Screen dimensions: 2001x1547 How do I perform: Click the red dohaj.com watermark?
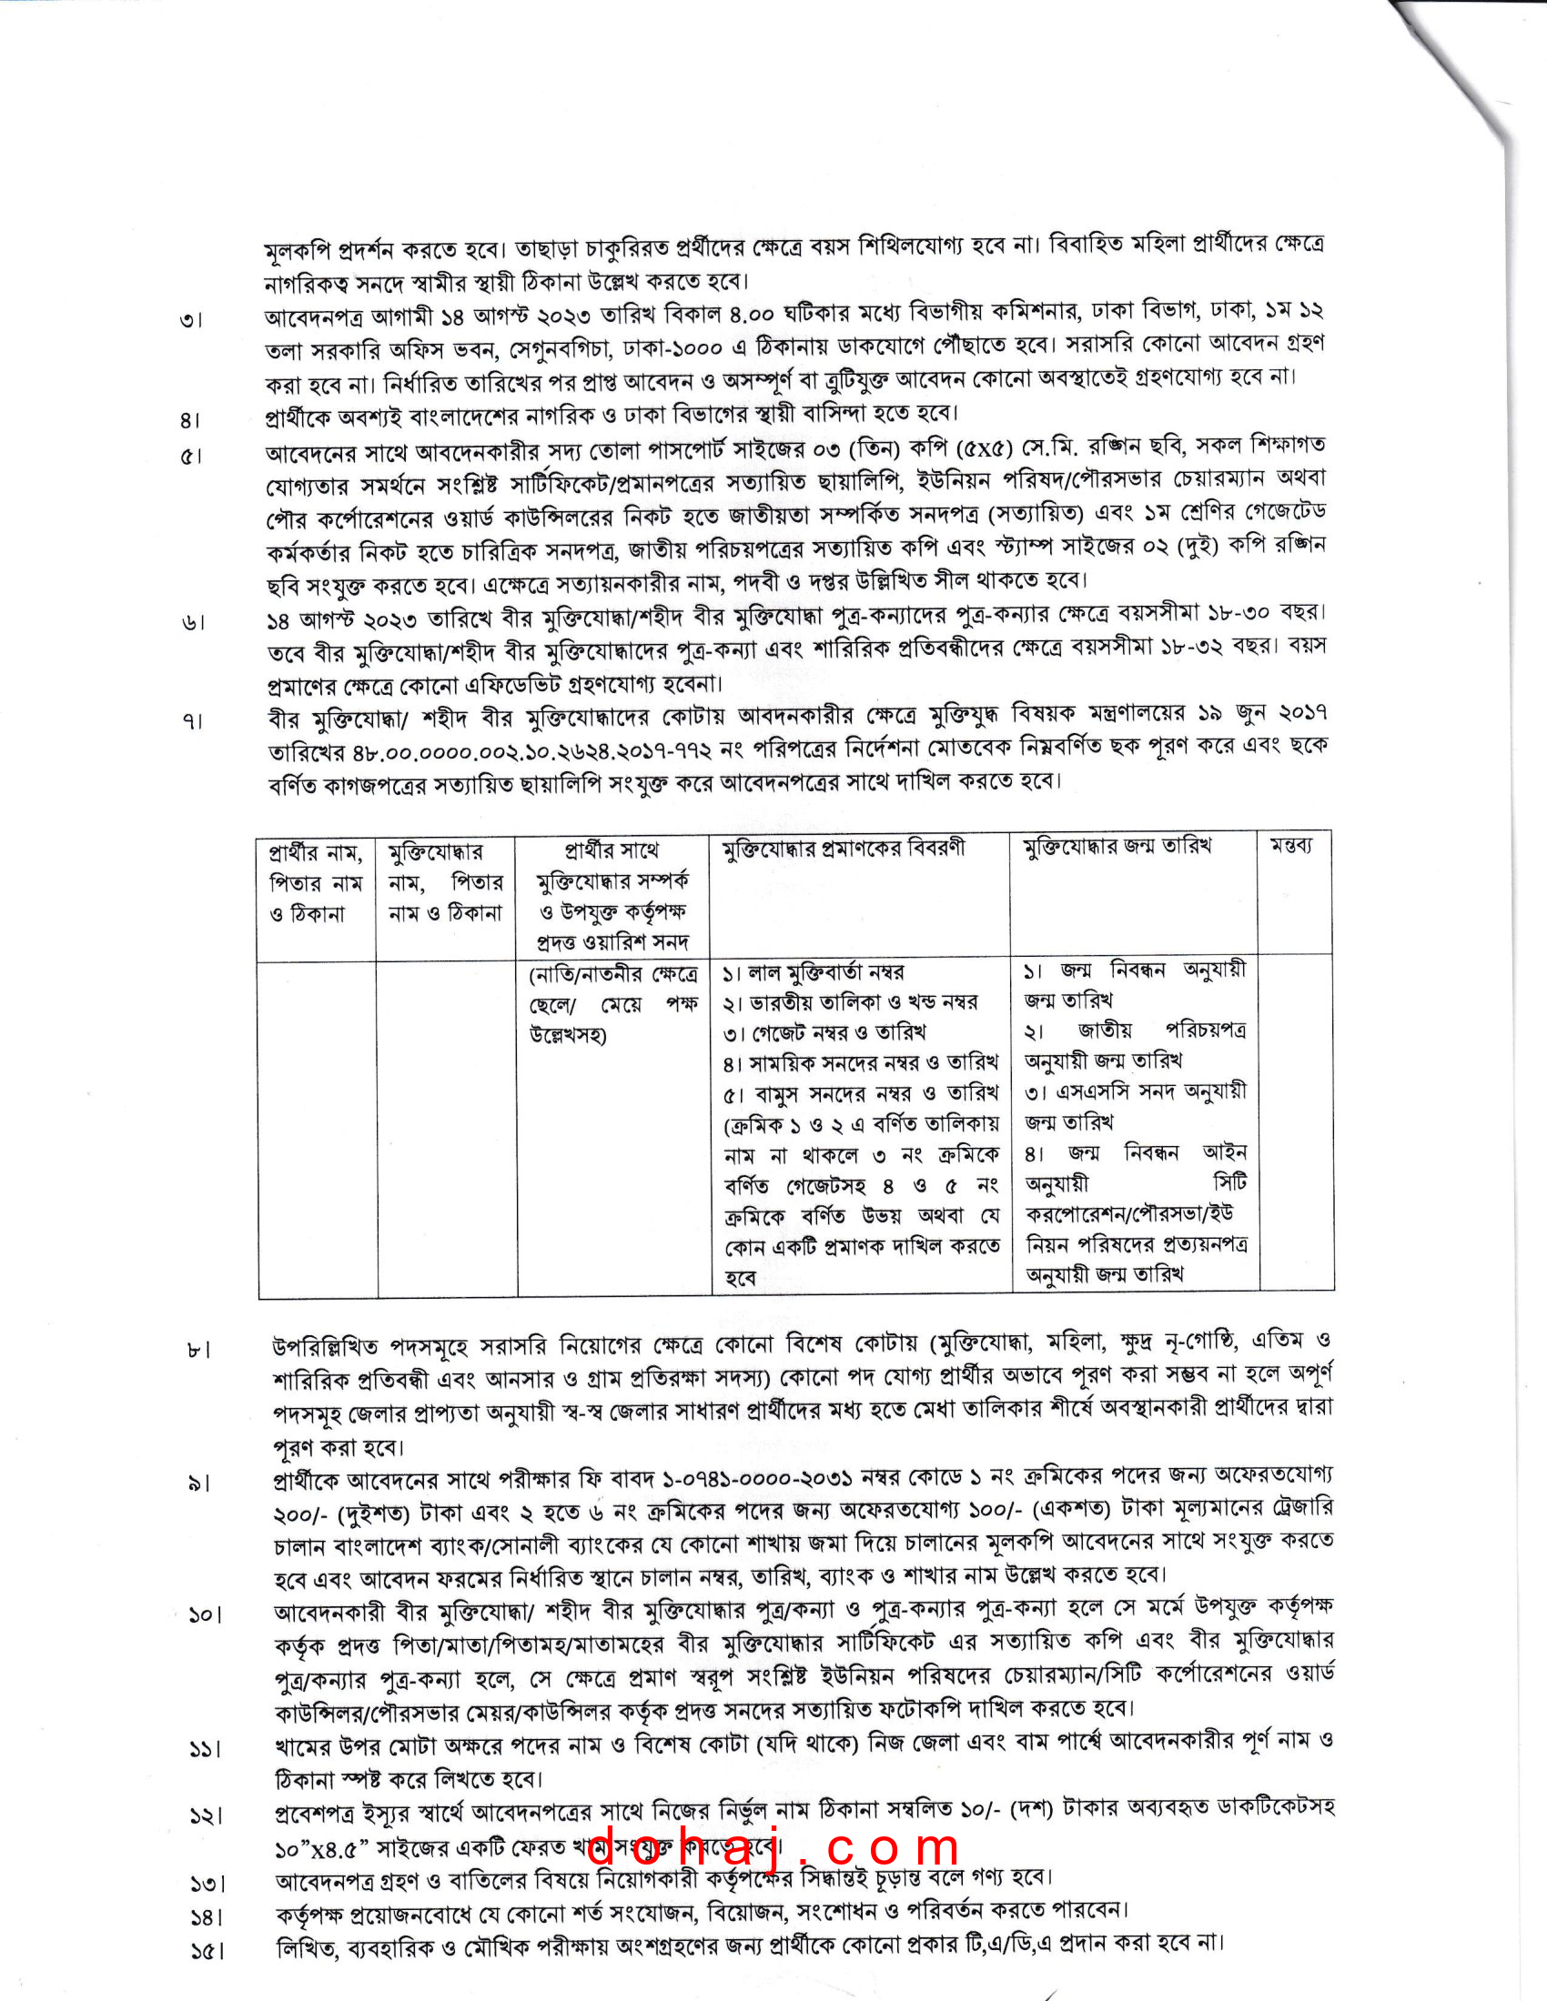pos(773,1847)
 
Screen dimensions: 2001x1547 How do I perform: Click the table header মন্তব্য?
pos(1290,848)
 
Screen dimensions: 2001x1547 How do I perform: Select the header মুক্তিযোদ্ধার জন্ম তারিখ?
pos(1117,848)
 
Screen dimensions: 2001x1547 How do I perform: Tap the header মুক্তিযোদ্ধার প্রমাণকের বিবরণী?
pos(844,850)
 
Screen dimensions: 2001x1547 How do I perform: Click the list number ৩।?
pos(191,321)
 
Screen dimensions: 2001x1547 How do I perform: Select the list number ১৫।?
pos(207,1952)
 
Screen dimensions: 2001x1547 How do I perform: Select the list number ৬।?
pos(193,623)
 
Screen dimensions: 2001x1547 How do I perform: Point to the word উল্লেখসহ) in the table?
pos(568,1035)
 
